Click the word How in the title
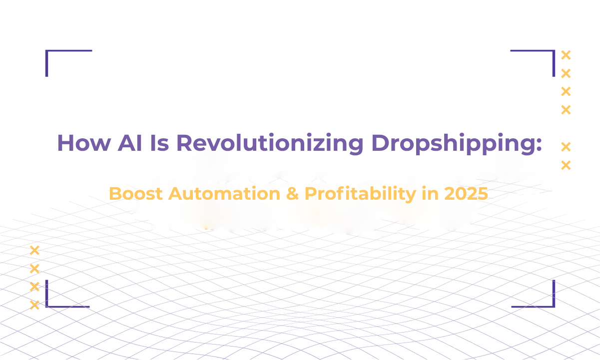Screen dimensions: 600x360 click(x=84, y=143)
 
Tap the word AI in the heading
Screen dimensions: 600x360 click(x=130, y=143)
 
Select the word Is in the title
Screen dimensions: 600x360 click(x=160, y=143)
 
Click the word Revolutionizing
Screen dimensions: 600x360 click(x=270, y=144)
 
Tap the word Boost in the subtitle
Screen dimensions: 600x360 click(x=136, y=193)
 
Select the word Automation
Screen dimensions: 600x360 click(x=224, y=193)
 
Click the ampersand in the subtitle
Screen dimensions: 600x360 click(x=292, y=193)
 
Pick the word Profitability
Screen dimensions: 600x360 click(x=360, y=194)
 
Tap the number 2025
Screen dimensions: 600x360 click(x=466, y=193)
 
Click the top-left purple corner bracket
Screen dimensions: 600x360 click(x=47, y=51)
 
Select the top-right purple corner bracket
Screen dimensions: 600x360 click(x=554, y=51)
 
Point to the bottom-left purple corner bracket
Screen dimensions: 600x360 click(x=47, y=307)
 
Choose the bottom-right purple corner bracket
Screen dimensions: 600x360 click(x=554, y=307)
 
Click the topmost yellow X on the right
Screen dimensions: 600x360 click(x=566, y=55)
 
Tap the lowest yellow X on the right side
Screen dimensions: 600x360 click(x=566, y=165)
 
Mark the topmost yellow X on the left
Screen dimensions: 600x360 click(x=34, y=250)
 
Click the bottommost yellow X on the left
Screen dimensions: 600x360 click(x=34, y=305)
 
